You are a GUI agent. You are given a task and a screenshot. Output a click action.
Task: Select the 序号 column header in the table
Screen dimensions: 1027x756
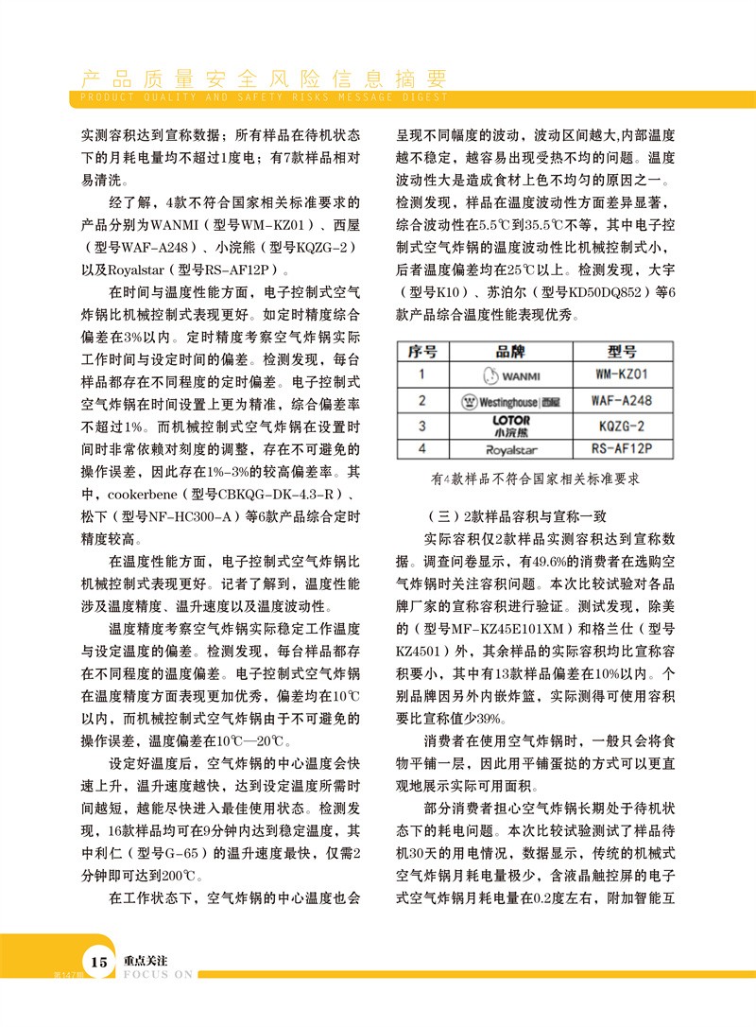pyautogui.click(x=422, y=352)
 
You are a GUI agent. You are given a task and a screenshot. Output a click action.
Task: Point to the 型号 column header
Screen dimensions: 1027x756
pyautogui.click(x=621, y=352)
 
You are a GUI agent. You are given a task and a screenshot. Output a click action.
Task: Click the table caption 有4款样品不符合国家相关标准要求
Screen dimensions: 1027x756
pyautogui.click(x=535, y=479)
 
